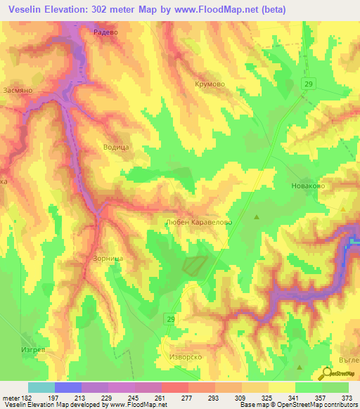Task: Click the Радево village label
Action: [105, 32]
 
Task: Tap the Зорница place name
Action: [108, 258]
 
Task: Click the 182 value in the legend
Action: [22, 398]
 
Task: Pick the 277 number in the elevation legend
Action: [188, 398]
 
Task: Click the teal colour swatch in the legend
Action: [41, 387]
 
